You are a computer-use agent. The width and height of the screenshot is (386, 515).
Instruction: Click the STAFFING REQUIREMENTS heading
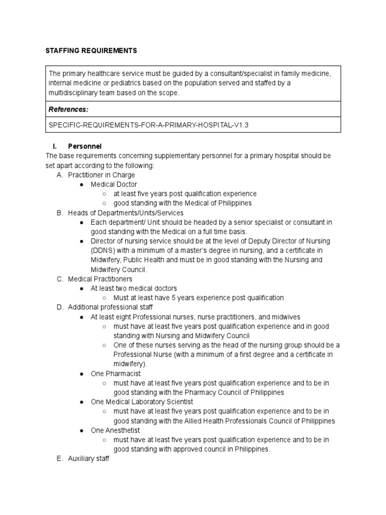91,51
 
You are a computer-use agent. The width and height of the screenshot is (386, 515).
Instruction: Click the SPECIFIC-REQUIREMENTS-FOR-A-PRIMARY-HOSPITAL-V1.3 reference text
149,125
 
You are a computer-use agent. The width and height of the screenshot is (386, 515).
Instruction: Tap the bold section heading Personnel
84,146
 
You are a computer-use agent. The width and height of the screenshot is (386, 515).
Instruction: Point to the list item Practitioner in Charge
102,175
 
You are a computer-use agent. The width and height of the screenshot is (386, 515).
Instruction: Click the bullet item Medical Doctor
114,185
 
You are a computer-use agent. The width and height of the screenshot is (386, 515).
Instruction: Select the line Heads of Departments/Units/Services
126,213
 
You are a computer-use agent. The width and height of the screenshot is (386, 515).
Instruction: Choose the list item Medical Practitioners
100,279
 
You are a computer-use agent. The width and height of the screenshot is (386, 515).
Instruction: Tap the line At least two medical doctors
134,289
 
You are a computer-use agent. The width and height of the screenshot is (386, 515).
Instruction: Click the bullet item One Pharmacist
116,374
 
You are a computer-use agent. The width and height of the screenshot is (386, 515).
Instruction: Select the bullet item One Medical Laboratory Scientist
142,402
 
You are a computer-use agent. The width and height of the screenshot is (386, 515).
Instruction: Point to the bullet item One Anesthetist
115,431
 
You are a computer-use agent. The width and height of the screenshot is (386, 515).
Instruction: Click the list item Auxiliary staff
88,459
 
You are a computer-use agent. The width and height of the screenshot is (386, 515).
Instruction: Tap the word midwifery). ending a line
130,364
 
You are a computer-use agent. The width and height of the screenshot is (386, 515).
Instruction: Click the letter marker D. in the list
60,307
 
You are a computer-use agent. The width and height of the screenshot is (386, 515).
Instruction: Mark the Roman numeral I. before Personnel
56,146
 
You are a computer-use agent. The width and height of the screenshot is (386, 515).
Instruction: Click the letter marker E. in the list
60,459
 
